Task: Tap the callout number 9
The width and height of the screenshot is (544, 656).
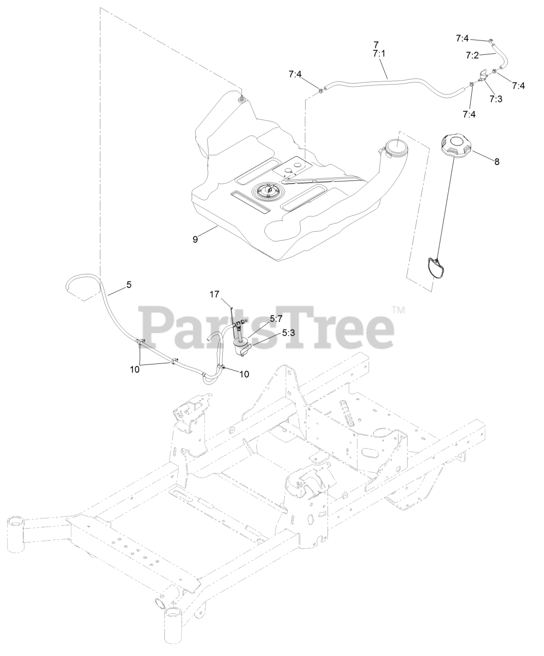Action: tap(195, 239)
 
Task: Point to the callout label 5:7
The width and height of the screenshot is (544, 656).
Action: tap(276, 318)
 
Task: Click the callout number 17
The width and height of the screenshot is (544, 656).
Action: tap(214, 294)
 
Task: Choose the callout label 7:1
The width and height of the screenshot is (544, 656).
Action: tap(380, 53)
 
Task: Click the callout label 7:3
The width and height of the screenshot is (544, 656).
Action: tap(495, 98)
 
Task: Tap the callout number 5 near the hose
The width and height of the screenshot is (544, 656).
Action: tap(129, 285)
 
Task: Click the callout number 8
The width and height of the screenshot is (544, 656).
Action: tap(496, 161)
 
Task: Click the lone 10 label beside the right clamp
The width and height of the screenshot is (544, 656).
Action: tap(244, 374)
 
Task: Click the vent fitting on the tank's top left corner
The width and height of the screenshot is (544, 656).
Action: tap(241, 98)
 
